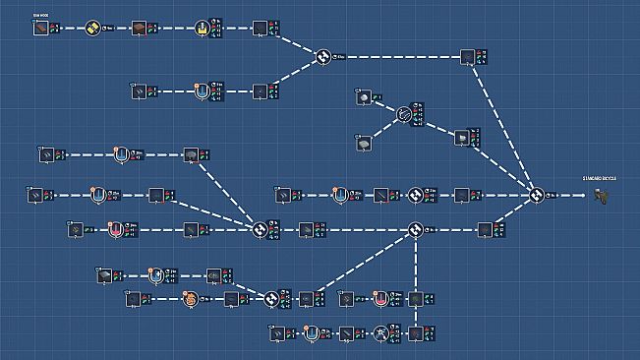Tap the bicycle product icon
(x=602, y=196)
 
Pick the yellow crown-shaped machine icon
(x=203, y=28)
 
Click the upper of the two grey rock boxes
(x=365, y=98)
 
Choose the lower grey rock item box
(x=364, y=144)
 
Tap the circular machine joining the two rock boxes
(x=405, y=116)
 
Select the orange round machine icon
(x=191, y=298)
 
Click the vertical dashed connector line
(x=416, y=275)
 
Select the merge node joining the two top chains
(x=321, y=58)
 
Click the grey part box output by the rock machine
(x=460, y=138)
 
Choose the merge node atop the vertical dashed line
(x=416, y=230)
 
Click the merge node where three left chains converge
(x=261, y=230)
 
